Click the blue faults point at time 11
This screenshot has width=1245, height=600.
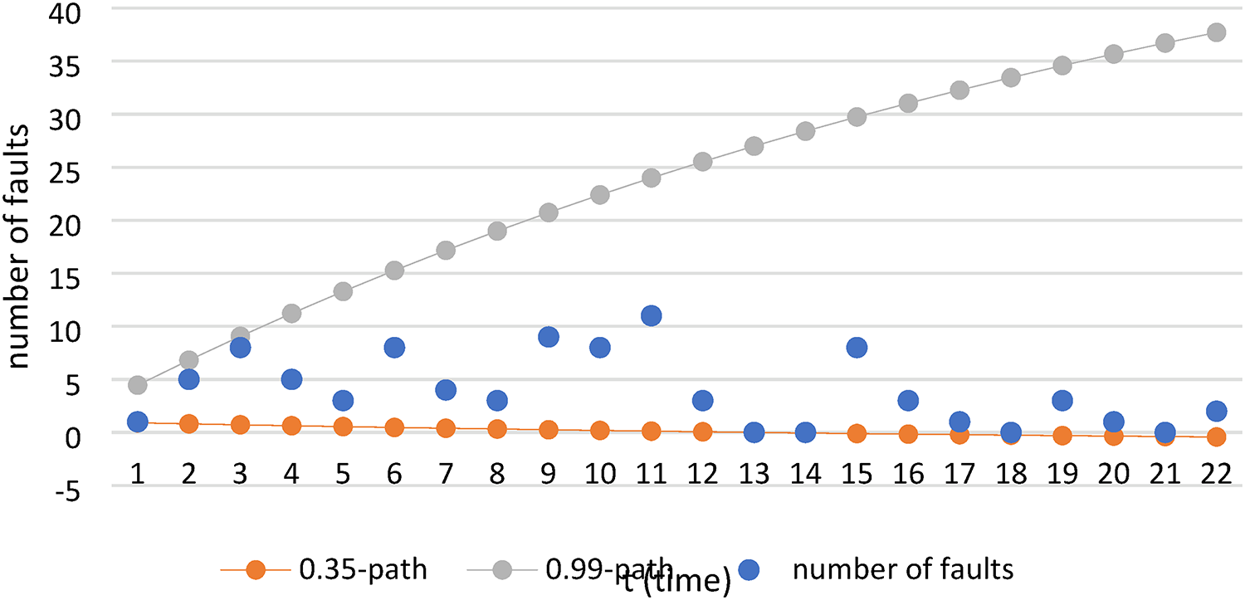(x=651, y=315)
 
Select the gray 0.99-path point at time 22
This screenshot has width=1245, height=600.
(x=1216, y=32)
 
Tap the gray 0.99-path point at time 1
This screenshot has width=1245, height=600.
(x=138, y=385)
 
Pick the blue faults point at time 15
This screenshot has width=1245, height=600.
(x=857, y=347)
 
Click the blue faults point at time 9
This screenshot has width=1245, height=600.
(x=548, y=336)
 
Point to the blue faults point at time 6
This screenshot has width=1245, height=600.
(x=394, y=347)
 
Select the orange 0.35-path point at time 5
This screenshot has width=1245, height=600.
(x=343, y=427)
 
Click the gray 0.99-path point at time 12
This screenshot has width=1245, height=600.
(x=702, y=162)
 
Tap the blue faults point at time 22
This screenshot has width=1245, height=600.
(x=1216, y=411)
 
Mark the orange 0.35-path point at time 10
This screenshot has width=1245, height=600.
(x=599, y=431)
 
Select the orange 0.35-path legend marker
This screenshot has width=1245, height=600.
(x=256, y=569)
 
